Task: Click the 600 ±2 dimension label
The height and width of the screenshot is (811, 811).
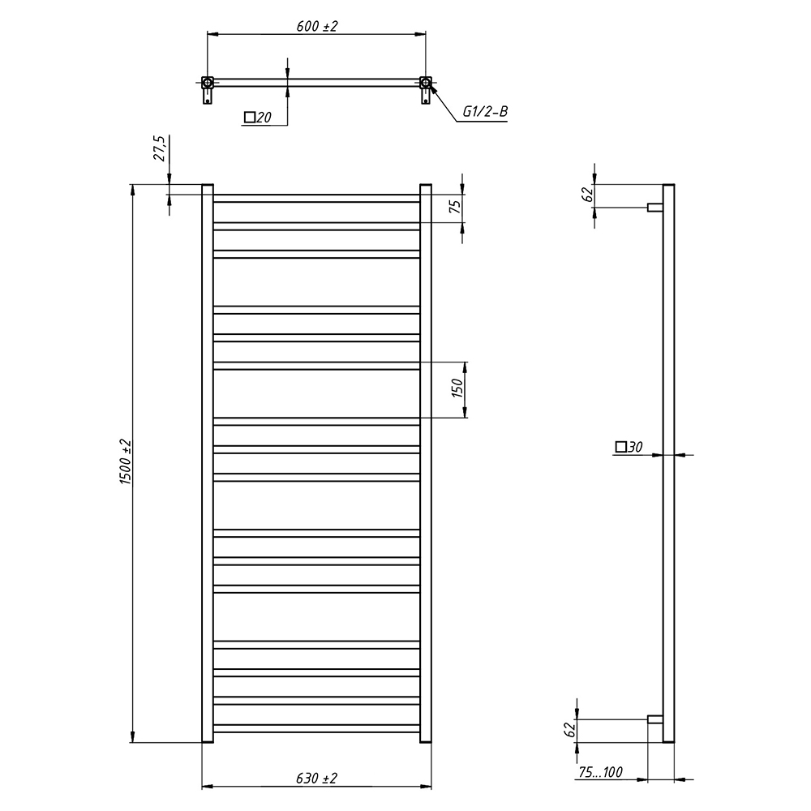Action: [316, 26]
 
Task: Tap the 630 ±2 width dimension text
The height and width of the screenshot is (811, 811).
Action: [316, 778]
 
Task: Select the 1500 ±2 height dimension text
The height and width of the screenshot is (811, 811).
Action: [126, 462]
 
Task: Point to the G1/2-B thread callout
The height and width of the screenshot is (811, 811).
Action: [485, 111]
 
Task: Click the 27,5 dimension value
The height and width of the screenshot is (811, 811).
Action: [159, 149]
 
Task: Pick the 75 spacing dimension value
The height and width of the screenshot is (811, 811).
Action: [455, 206]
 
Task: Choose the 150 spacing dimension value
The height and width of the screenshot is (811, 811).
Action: [457, 388]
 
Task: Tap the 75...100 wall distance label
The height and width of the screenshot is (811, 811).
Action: [600, 772]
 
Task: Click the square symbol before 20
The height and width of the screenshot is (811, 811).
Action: [249, 118]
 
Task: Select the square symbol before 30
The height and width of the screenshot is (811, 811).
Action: [620, 446]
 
